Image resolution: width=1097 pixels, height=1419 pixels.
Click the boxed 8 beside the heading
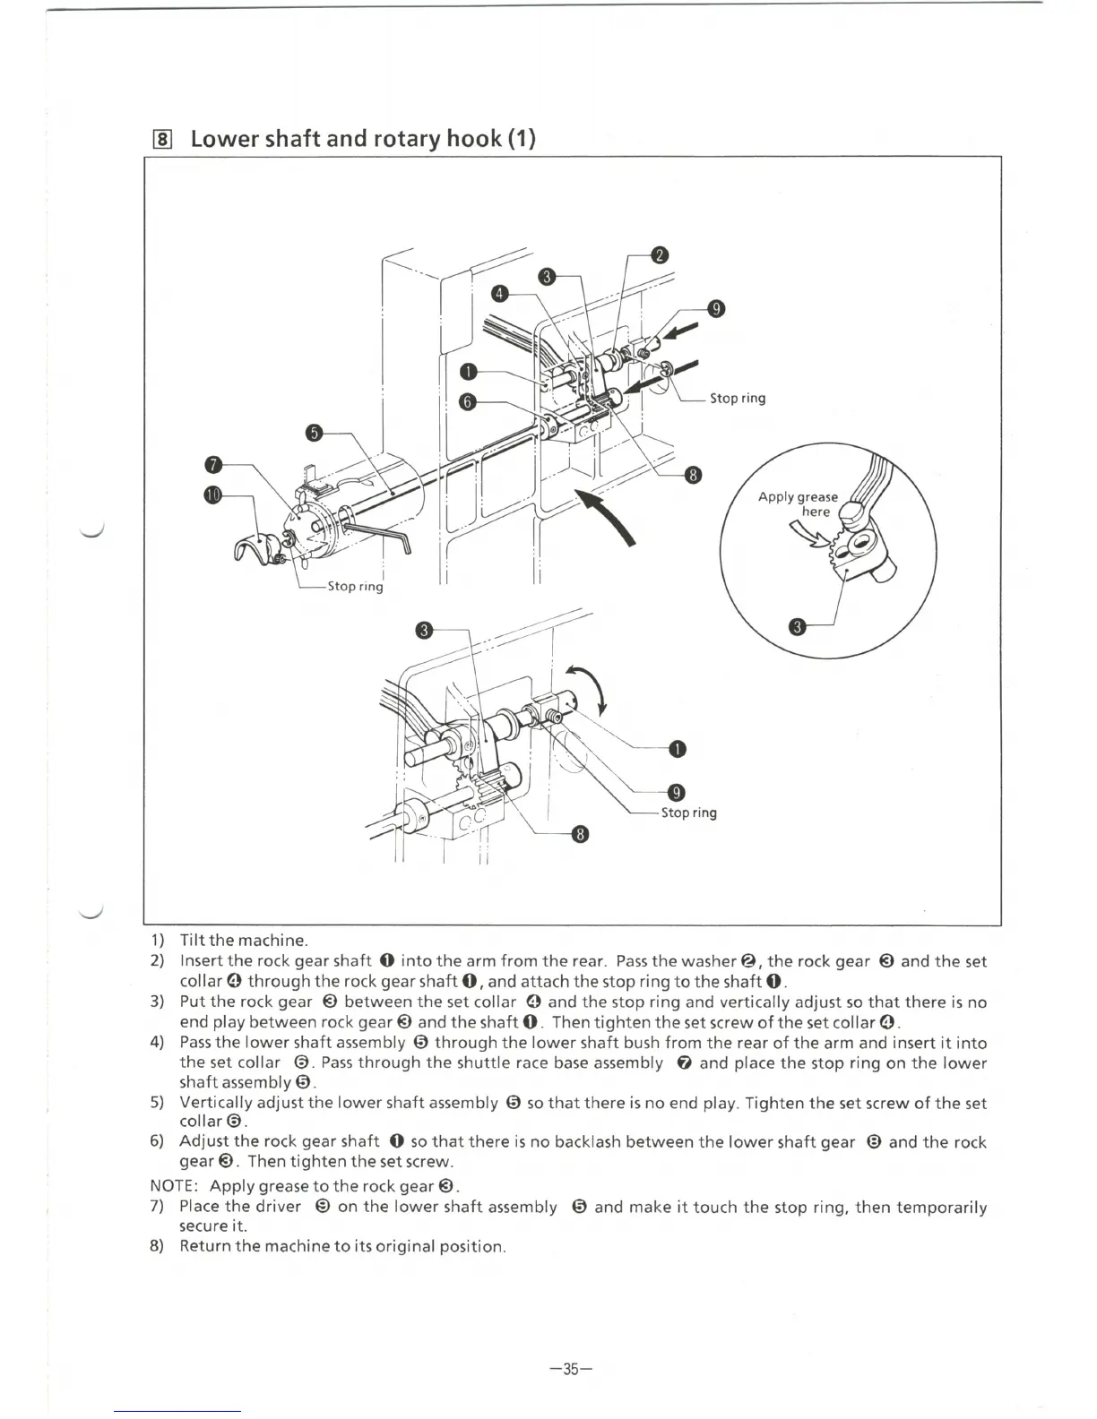[162, 139]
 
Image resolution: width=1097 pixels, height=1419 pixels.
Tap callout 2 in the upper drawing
[659, 255]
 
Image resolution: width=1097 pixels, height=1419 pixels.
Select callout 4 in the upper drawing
[501, 294]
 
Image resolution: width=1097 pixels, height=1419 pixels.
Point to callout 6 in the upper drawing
[466, 401]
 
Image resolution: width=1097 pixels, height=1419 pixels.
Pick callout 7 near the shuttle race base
[212, 465]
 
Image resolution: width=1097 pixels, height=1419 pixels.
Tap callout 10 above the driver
[212, 495]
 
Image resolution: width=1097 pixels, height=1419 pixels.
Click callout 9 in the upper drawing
[715, 309]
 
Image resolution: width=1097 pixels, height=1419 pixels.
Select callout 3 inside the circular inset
[796, 626]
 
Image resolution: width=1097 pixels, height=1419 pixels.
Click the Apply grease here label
[799, 503]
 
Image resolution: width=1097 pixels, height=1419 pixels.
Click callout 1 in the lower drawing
[678, 749]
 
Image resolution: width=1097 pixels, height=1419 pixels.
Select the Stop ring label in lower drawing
[688, 813]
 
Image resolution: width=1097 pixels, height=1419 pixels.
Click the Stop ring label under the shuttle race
[355, 586]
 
